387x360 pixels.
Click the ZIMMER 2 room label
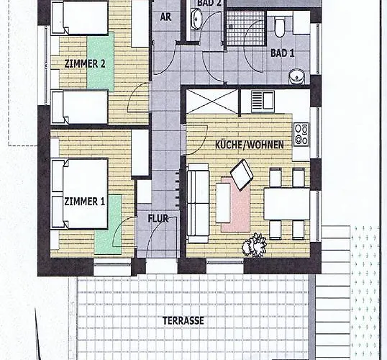(85, 63)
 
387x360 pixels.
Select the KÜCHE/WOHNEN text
(249, 145)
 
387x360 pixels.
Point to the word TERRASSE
(183, 320)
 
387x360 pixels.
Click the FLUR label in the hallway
(158, 218)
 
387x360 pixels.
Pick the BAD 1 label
(283, 53)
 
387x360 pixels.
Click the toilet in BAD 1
(280, 28)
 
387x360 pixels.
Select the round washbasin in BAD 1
(296, 76)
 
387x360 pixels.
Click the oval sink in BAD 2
(196, 19)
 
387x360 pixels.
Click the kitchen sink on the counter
(264, 100)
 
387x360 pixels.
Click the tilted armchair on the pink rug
(242, 174)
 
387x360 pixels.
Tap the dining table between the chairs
(286, 203)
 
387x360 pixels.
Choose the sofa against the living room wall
(198, 203)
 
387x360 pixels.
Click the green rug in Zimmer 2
(100, 60)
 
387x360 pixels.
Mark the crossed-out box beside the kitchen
(211, 101)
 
